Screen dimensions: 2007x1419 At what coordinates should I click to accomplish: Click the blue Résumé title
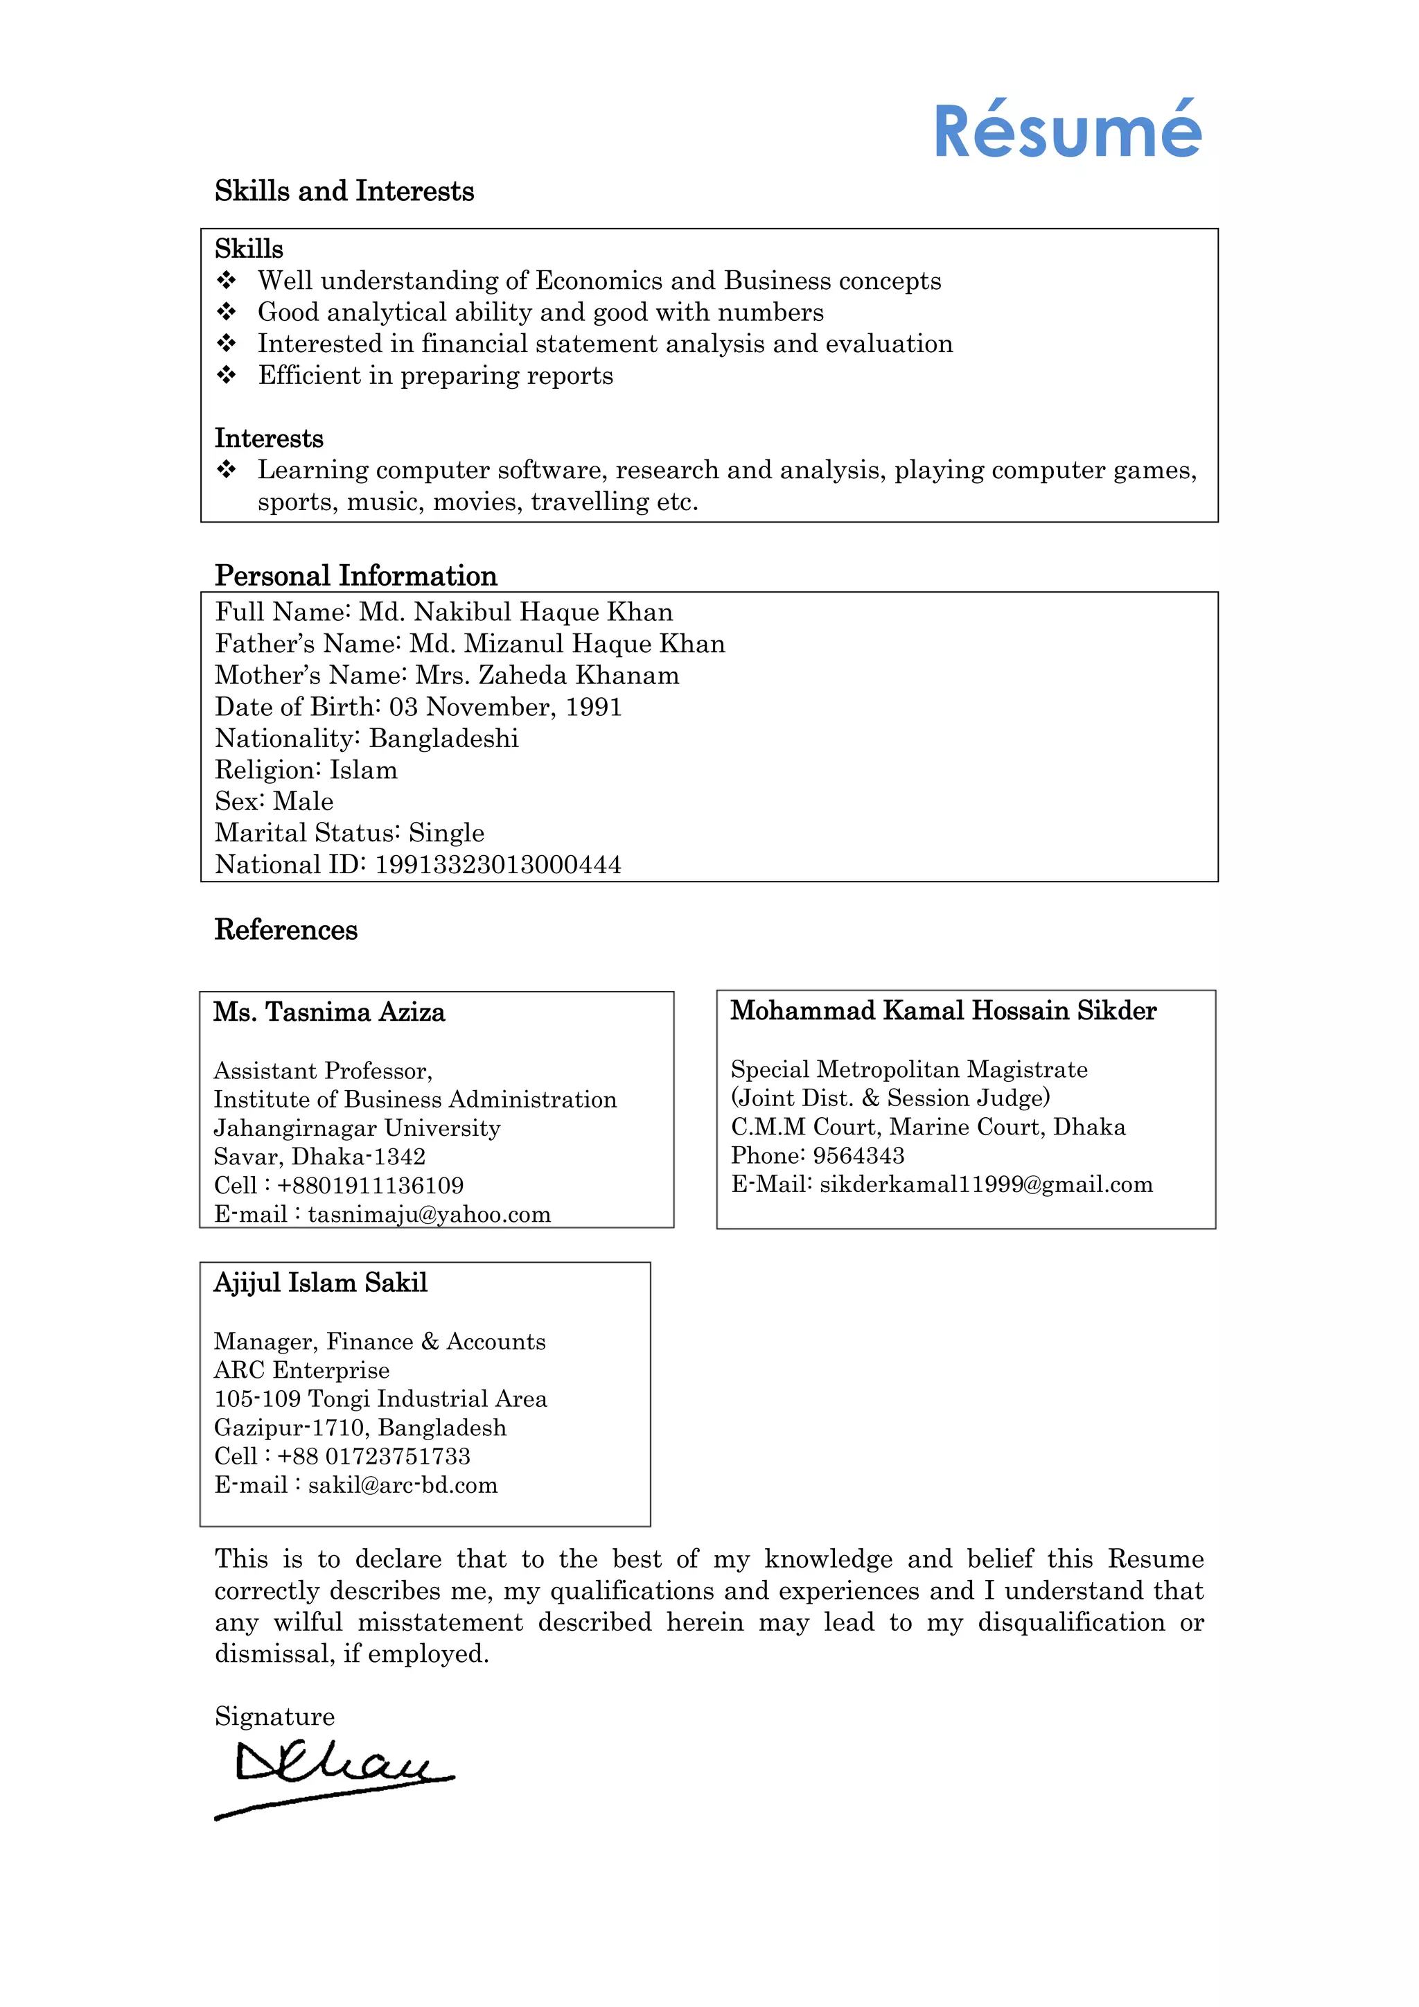point(1067,132)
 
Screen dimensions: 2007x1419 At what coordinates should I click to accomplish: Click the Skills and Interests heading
point(344,191)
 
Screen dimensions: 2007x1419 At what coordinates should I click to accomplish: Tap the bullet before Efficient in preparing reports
point(227,375)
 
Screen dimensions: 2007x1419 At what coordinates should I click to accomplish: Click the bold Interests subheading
point(269,438)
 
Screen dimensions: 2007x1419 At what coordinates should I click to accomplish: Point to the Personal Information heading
point(355,575)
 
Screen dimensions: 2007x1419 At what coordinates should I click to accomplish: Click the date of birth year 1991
point(593,706)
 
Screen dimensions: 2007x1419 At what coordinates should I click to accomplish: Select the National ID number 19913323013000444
point(498,864)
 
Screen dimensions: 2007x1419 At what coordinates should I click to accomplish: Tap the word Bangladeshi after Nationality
point(444,739)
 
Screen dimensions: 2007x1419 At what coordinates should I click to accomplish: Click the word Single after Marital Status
point(446,833)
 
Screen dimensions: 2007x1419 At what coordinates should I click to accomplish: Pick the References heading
point(285,929)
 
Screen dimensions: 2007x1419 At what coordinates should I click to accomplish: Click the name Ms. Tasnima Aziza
point(329,1013)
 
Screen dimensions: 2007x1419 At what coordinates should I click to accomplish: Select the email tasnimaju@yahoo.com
point(429,1214)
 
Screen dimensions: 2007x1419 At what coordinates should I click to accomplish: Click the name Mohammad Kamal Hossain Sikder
point(944,1010)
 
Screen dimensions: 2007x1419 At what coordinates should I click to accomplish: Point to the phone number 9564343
point(858,1155)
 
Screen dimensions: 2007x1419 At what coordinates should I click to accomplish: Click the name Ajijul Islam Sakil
point(321,1282)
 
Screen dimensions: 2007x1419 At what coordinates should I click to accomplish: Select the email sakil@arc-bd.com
point(403,1484)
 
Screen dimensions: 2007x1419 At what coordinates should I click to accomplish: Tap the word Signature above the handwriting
point(274,1716)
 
